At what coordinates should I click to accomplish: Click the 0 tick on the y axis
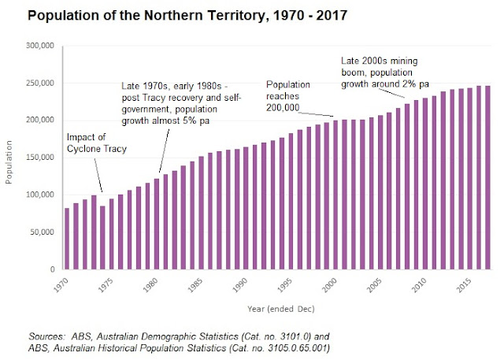50,269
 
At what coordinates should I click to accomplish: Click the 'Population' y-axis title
10,158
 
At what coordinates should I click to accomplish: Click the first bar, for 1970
67,239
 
